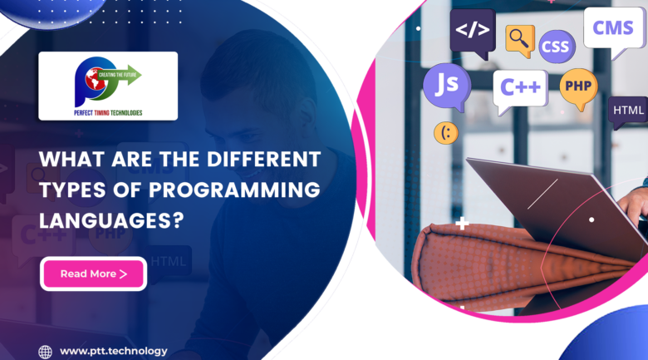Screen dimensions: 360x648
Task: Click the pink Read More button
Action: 94,274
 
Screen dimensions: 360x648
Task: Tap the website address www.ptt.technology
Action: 113,351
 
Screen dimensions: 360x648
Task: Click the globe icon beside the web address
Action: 46,352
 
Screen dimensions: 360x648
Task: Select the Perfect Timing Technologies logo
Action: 108,86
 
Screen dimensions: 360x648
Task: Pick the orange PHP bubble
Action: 578,86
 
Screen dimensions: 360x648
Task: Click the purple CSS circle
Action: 557,47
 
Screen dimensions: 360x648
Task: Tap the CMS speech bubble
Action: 614,30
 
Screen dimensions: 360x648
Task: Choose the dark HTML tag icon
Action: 628,111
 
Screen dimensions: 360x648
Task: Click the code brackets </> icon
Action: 472,32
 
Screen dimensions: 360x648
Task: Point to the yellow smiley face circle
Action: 445,133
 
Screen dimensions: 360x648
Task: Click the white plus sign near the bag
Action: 462,224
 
